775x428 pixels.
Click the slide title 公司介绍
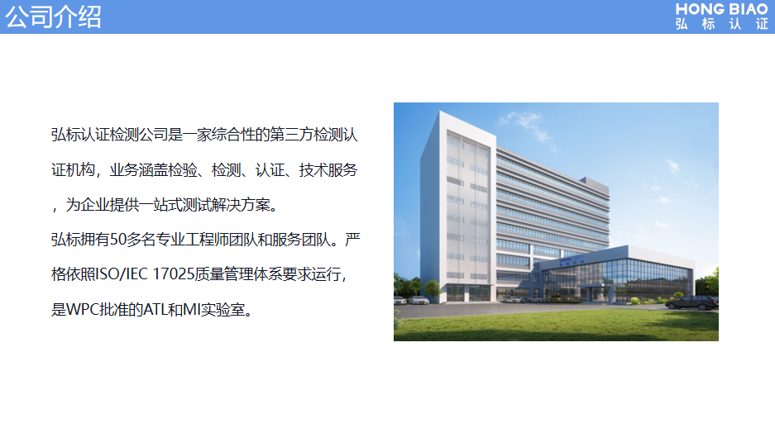coord(53,17)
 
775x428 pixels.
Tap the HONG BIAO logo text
coord(721,9)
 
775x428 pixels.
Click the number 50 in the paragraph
coord(117,240)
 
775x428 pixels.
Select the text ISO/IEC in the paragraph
coord(121,274)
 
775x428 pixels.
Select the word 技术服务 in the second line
coord(328,170)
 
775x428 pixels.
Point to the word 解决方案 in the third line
coord(242,204)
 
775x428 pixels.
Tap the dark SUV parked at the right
coord(691,302)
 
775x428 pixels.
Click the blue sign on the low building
coord(572,259)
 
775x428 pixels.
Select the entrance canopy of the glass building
coord(596,288)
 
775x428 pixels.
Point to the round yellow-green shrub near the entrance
coord(634,300)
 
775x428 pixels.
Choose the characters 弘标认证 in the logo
coord(721,23)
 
